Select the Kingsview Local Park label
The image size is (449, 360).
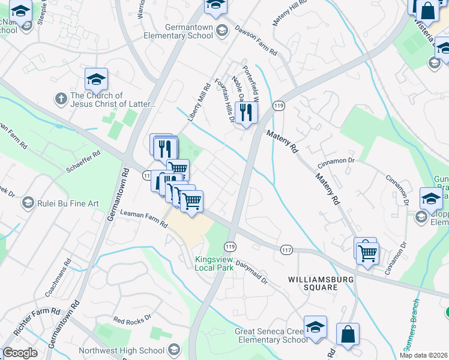[x=214, y=263]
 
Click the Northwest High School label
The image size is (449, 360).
[x=130, y=350]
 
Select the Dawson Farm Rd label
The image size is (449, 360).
[x=256, y=41]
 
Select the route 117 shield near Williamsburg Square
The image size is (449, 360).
[x=286, y=248]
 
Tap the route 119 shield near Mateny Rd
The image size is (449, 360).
[x=278, y=106]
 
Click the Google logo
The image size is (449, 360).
[x=20, y=353]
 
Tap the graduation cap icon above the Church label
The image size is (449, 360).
[x=96, y=79]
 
